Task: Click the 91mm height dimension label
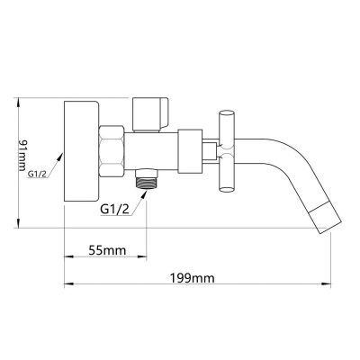22,155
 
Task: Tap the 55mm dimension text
107,250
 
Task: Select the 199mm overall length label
193,278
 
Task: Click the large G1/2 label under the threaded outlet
115,209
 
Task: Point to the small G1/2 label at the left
38,174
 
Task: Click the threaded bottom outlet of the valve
147,179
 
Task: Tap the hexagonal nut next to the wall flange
112,152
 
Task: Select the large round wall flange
81,151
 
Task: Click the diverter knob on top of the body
150,114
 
